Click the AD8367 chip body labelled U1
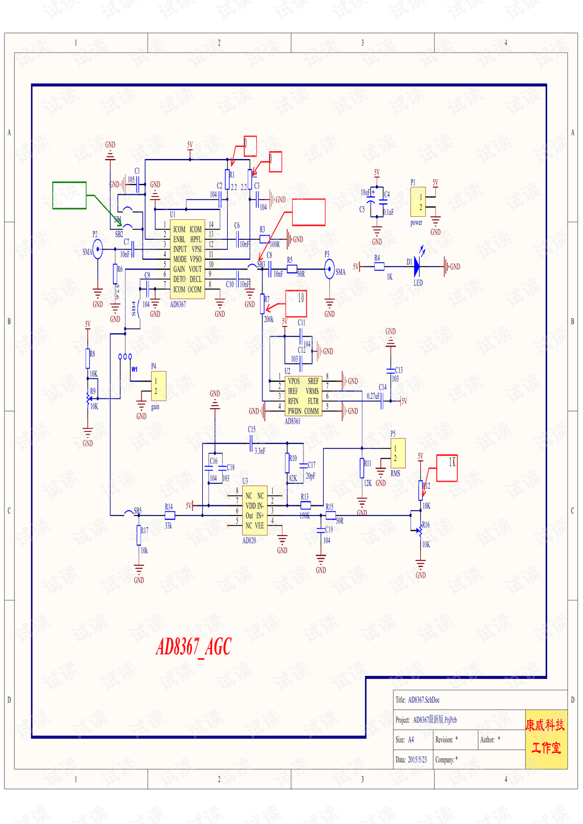coord(188,259)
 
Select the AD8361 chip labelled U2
coord(302,396)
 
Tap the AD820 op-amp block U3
coord(254,511)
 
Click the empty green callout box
coord(69,196)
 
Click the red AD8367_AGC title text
coord(194,647)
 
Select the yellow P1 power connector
coord(418,202)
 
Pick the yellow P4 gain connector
coord(158,386)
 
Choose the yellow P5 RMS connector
coord(398,453)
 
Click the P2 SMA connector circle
coord(97,249)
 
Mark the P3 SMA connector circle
coord(329,269)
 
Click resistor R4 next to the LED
coord(379,267)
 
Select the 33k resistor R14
coord(170,515)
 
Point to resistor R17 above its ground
coord(139,536)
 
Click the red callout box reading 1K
coord(447,468)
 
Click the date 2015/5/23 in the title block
coord(417,760)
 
